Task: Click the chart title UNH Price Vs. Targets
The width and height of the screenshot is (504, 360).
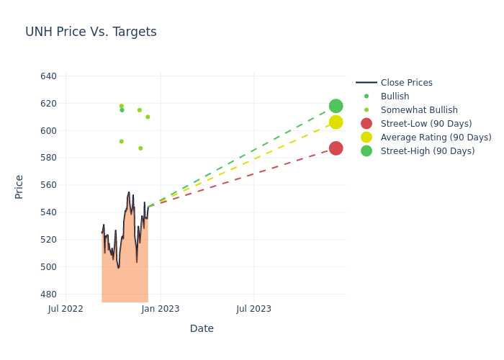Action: (x=91, y=32)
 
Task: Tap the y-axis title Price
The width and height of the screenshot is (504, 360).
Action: (x=19, y=186)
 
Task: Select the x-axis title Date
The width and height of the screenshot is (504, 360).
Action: (x=202, y=328)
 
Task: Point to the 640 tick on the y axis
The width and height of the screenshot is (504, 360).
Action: (x=49, y=76)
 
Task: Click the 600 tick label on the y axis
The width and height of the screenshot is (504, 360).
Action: (x=49, y=130)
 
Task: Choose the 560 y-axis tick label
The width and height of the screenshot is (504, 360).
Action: (x=49, y=185)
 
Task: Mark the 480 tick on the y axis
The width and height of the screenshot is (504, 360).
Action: (x=49, y=294)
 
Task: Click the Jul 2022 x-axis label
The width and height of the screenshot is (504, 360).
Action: (x=66, y=309)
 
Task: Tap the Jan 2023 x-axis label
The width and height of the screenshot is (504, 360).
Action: (x=160, y=309)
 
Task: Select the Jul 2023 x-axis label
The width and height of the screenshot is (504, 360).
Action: (x=254, y=309)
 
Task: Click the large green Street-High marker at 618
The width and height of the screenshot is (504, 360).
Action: (x=336, y=106)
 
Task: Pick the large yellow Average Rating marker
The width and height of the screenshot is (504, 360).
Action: (x=336, y=122)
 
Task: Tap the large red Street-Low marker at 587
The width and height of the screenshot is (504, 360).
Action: (x=336, y=148)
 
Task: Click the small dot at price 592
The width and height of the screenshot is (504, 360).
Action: (x=121, y=141)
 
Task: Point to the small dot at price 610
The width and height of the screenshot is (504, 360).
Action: (x=148, y=117)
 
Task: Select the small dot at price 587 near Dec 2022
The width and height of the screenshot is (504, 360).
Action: (x=140, y=148)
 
